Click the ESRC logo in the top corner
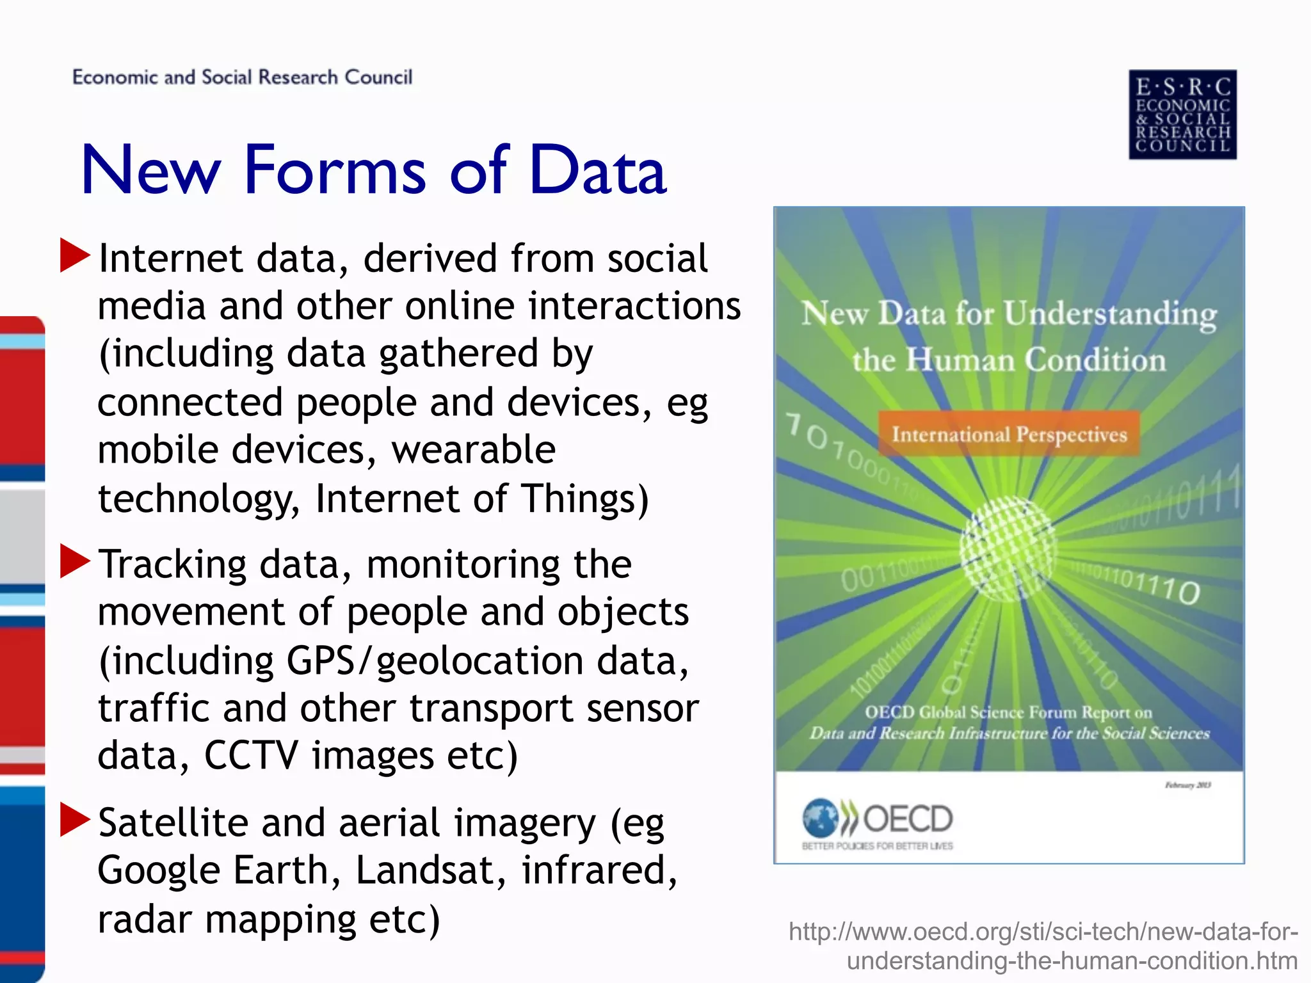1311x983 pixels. point(1182,115)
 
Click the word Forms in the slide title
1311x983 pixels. point(334,170)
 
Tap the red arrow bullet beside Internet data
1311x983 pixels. point(75,255)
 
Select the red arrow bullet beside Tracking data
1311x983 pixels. point(75,561)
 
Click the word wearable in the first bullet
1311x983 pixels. point(473,449)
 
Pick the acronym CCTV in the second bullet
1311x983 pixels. point(251,755)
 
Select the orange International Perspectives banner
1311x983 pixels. point(1009,434)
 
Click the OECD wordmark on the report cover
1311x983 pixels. point(908,819)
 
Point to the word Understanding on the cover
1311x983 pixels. point(1109,314)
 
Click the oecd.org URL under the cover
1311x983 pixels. point(1043,946)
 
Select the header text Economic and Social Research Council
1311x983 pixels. point(242,77)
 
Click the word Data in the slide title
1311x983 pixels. point(598,170)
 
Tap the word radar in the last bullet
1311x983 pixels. point(145,919)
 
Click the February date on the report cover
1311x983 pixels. point(1187,785)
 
